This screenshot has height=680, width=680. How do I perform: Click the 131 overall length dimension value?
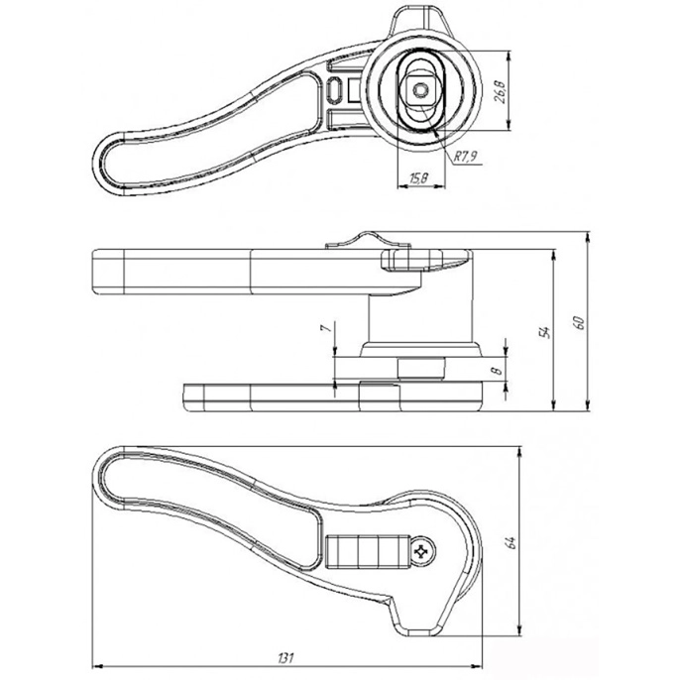(285, 657)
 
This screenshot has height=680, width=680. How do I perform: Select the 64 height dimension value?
(511, 542)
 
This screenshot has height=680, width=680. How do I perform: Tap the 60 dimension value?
(579, 322)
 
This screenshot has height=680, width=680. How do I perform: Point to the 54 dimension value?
(545, 332)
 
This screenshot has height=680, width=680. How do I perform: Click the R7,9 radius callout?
(465, 157)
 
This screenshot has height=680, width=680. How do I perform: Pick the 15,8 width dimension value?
(419, 177)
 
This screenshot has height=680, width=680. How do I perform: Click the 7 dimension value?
(326, 326)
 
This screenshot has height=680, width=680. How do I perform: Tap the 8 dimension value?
(497, 371)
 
